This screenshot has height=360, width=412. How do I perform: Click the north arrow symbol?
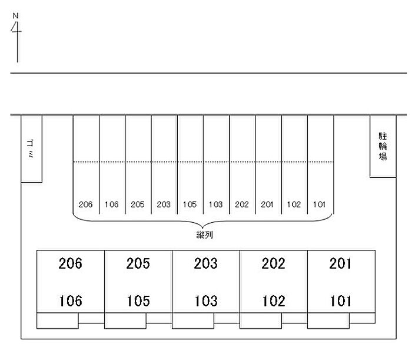click(16, 35)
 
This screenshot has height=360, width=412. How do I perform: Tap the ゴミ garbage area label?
click(31, 148)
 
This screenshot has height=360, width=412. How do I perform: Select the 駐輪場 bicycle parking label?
click(382, 146)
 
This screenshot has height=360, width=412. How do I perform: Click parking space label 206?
click(86, 204)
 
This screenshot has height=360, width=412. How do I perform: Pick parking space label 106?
click(112, 204)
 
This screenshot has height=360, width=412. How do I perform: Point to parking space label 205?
click(138, 204)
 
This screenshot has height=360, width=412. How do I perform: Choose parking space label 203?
click(164, 204)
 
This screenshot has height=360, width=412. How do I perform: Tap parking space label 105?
click(190, 204)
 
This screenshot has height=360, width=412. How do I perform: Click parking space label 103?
click(215, 204)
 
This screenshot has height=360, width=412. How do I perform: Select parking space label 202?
click(242, 204)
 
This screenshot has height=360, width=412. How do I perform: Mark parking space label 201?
click(268, 204)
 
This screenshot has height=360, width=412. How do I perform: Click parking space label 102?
click(294, 204)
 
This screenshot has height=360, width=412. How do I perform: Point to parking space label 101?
click(320, 204)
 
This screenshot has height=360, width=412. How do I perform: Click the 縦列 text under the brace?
click(204, 235)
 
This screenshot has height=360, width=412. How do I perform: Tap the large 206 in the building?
click(71, 263)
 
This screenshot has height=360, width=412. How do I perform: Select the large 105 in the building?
click(138, 302)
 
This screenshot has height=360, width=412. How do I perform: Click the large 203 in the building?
click(206, 263)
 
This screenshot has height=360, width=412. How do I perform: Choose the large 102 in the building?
click(274, 302)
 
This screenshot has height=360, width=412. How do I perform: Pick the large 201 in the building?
click(341, 263)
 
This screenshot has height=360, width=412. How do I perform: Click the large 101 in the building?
click(341, 302)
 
